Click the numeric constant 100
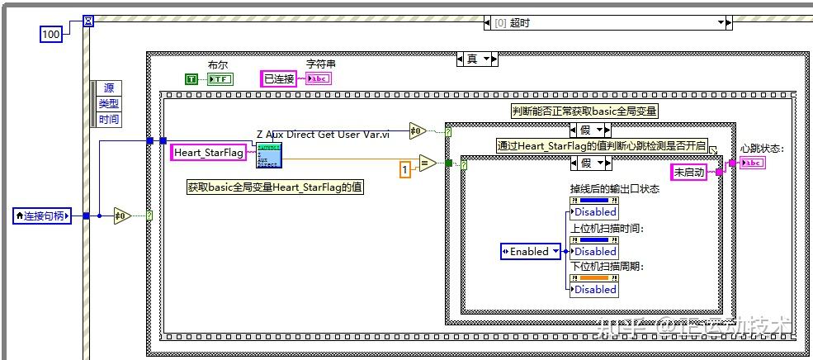click(51, 34)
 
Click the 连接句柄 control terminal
click(43, 216)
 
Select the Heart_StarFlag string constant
click(209, 153)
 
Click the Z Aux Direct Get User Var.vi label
click(324, 134)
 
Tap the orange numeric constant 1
click(404, 169)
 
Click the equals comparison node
click(427, 163)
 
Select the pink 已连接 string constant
click(278, 78)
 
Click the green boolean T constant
click(191, 78)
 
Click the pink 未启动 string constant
click(689, 173)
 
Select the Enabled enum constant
click(529, 251)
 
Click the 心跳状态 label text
click(761, 149)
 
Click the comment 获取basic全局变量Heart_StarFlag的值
click(276, 187)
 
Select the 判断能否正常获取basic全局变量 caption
click(584, 111)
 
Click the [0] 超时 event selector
click(607, 22)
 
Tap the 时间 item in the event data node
click(109, 119)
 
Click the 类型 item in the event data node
click(109, 103)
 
